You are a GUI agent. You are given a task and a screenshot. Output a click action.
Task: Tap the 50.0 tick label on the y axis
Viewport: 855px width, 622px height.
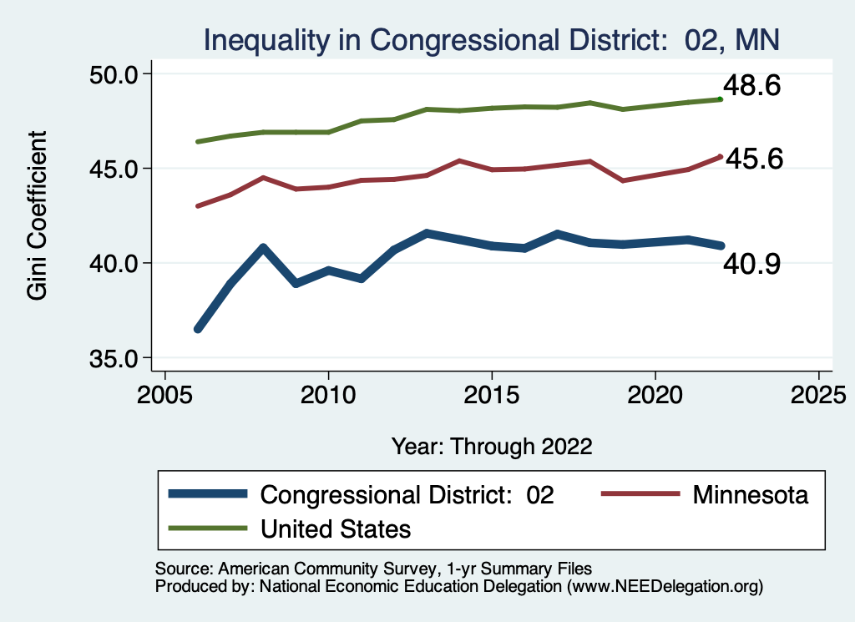tap(114, 74)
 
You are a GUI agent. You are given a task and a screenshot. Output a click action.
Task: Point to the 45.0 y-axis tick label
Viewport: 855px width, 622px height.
tap(114, 169)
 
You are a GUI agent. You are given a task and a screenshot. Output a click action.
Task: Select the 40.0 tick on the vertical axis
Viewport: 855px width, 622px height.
tap(114, 263)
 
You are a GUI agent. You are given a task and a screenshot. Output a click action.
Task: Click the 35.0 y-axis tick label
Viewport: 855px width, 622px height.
tap(114, 358)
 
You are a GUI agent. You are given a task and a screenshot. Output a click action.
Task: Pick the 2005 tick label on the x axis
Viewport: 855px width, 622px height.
tap(164, 392)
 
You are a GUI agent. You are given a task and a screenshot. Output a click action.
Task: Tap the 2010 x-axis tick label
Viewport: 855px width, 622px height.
tap(328, 392)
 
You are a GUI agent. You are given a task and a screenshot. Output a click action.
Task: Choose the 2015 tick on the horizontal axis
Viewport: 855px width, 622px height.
tap(492, 392)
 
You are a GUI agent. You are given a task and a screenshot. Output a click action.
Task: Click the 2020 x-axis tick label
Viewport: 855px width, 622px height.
tap(655, 392)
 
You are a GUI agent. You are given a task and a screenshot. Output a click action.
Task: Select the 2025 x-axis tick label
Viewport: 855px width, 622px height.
tap(818, 392)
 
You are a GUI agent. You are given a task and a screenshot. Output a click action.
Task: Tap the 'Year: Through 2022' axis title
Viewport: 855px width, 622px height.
tap(492, 446)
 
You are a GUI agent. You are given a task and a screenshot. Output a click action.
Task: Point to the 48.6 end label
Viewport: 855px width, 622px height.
tap(751, 85)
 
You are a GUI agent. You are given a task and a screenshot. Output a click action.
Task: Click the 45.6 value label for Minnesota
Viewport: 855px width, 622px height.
tap(753, 159)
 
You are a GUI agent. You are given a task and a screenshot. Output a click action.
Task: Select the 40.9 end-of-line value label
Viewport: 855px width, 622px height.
tap(751, 265)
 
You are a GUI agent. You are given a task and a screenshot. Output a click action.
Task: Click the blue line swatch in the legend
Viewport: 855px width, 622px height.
tap(208, 494)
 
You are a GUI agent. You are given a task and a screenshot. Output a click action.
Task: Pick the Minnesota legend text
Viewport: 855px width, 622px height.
tap(750, 494)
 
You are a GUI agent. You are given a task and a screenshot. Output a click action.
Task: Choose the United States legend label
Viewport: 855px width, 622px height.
tap(336, 528)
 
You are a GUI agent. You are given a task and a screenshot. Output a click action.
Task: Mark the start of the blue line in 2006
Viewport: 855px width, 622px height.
tap(198, 329)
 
